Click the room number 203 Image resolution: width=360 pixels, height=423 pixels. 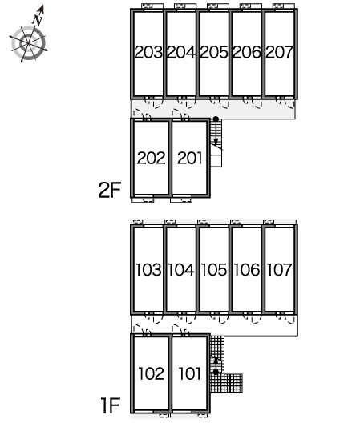(x=148, y=52)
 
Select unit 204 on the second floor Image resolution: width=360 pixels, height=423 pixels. (x=181, y=52)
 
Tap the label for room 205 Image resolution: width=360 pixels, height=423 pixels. (x=214, y=52)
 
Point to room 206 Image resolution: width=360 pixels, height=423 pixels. (x=247, y=52)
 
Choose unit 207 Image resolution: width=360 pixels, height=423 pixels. (x=280, y=52)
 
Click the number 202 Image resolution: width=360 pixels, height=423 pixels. (x=152, y=158)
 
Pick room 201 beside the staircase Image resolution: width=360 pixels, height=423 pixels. (x=190, y=158)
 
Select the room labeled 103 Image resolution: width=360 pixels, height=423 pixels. (x=148, y=270)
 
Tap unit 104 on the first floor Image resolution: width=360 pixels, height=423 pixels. (x=181, y=270)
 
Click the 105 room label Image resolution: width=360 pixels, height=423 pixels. (x=214, y=270)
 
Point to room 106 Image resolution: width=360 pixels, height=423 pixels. (x=247, y=270)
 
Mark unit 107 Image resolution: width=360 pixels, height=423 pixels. (x=280, y=270)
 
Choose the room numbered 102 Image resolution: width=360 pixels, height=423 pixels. (x=152, y=373)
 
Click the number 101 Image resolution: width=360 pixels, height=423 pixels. (x=190, y=373)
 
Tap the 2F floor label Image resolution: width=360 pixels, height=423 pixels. (x=110, y=190)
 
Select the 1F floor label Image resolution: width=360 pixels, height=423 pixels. (x=110, y=405)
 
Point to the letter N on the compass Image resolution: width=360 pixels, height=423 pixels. (x=38, y=20)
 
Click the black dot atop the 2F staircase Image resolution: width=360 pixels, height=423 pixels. (x=216, y=119)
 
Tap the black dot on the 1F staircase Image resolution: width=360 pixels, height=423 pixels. (x=216, y=372)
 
